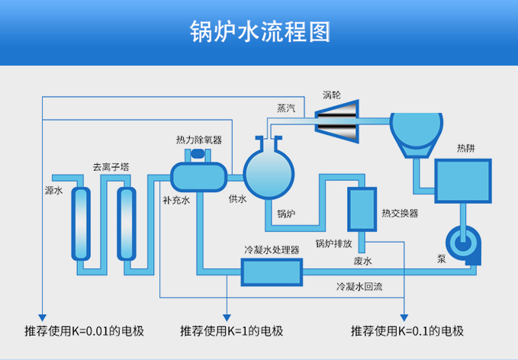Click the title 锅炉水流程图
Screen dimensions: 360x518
[x=259, y=32]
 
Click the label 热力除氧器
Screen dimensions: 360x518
[x=198, y=140]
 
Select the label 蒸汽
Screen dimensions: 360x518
[x=287, y=109]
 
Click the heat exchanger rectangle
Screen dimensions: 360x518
[x=362, y=208]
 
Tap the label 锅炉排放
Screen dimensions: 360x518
[x=333, y=244]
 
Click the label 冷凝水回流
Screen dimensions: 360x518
[x=359, y=288]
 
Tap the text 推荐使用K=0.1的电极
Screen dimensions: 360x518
[x=407, y=331]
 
